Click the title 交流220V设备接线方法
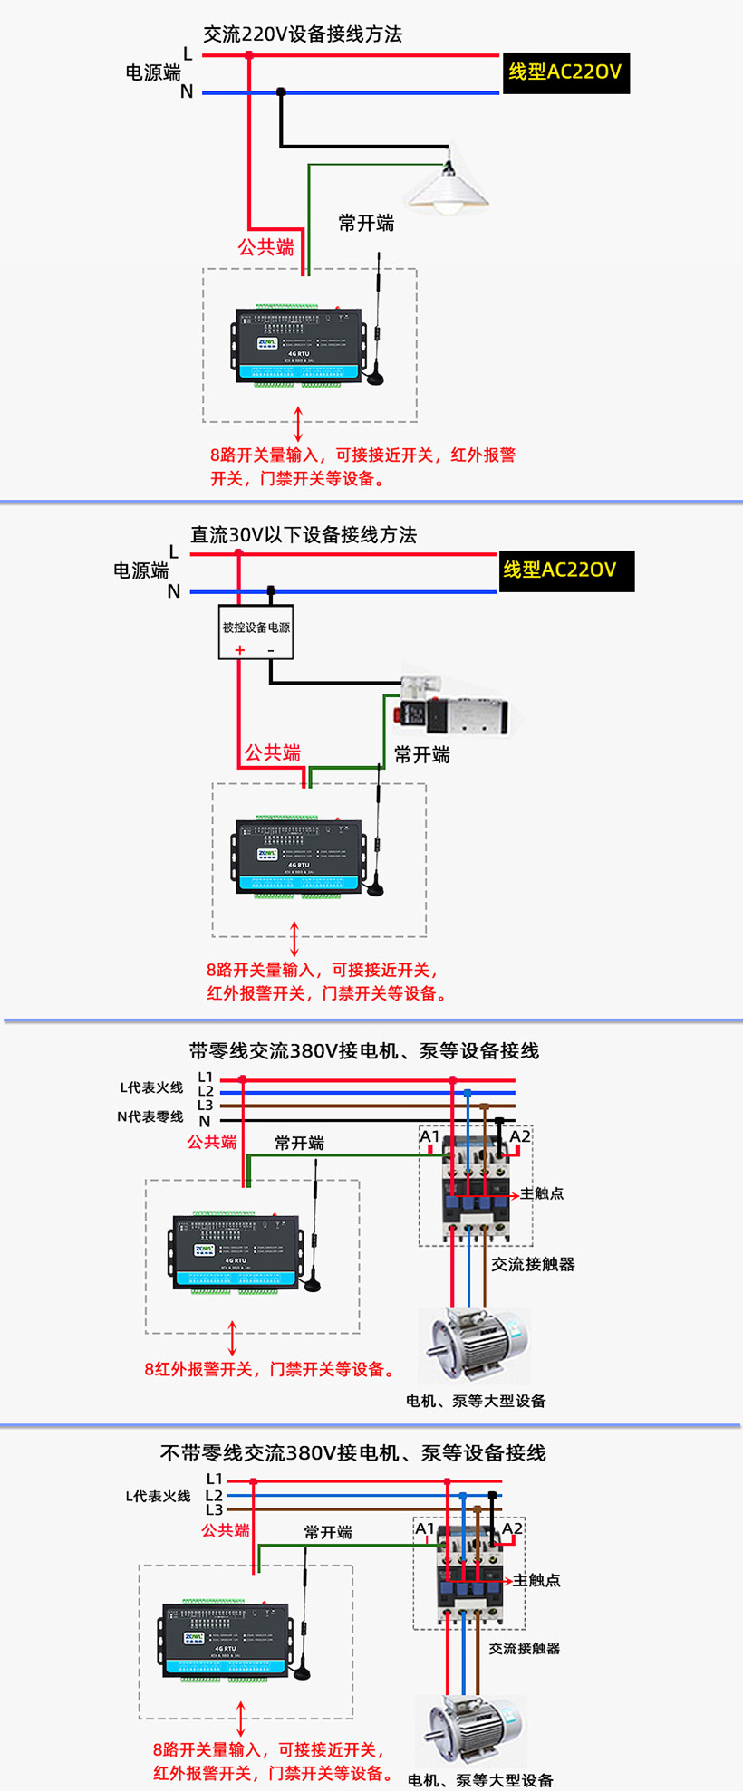click(303, 34)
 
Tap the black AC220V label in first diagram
click(565, 72)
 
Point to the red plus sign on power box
click(240, 650)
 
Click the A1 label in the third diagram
click(429, 1136)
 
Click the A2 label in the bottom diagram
click(512, 1528)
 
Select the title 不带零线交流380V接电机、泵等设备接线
click(352, 1452)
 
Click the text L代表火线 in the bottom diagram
click(158, 1496)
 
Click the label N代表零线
click(150, 1116)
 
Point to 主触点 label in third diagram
click(542, 1193)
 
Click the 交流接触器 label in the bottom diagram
click(524, 1648)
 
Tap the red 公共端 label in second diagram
click(272, 752)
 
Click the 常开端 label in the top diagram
click(366, 223)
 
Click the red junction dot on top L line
click(250, 55)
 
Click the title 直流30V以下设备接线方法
click(304, 535)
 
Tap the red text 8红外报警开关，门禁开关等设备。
click(271, 1369)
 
